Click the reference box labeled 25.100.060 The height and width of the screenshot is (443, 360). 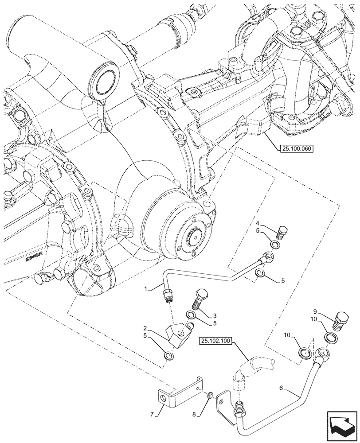(x=297, y=149)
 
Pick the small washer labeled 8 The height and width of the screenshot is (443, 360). (x=211, y=394)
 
